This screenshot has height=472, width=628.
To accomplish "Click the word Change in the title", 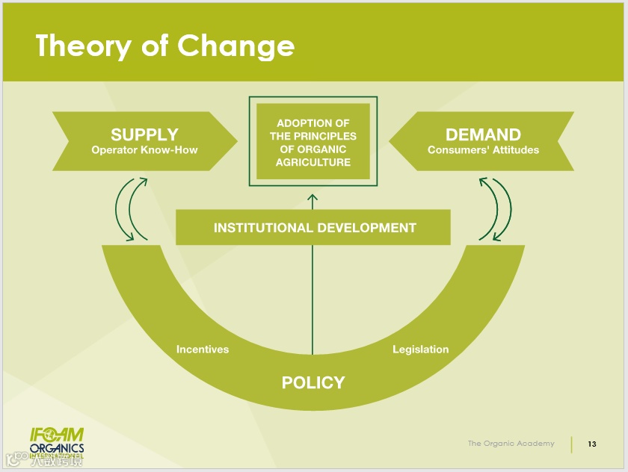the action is click(x=236, y=46).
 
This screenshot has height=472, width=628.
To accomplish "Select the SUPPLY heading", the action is click(x=144, y=134).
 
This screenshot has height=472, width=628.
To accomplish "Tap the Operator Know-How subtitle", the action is click(x=144, y=150).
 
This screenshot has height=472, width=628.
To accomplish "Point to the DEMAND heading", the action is click(x=483, y=134).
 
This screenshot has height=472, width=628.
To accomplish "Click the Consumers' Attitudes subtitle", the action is click(x=483, y=150).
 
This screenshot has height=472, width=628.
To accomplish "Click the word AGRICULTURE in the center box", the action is click(x=313, y=162).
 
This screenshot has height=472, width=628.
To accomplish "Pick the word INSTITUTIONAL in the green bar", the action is click(x=262, y=228).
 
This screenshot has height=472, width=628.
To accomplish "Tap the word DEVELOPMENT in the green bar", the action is click(x=366, y=228).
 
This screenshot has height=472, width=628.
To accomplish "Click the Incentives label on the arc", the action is click(x=203, y=350).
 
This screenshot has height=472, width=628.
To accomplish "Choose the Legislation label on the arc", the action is click(x=421, y=350).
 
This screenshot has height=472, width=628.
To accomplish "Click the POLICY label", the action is click(x=313, y=382).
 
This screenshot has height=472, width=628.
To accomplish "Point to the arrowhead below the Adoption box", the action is click(x=313, y=198).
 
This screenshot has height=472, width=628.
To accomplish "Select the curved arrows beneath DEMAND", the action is click(x=495, y=209).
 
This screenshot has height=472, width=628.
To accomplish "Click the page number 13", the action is click(x=592, y=444).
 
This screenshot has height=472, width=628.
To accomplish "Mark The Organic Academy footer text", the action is click(x=511, y=444).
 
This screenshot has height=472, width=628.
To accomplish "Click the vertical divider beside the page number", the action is click(x=572, y=444).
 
